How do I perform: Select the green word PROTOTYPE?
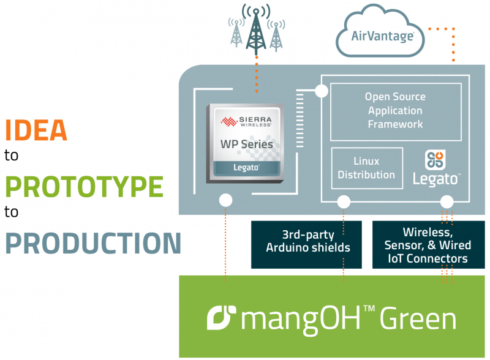pyautogui.click(x=85, y=186)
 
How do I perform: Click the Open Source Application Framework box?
pyautogui.click(x=395, y=111)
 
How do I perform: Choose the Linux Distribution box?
pyautogui.click(x=366, y=168)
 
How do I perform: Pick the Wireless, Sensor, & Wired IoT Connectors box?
pyautogui.click(x=428, y=246)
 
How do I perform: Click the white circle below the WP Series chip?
pyautogui.click(x=226, y=200)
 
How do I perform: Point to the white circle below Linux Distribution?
pyautogui.click(x=344, y=201)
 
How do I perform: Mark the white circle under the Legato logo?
pyautogui.click(x=447, y=201)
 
